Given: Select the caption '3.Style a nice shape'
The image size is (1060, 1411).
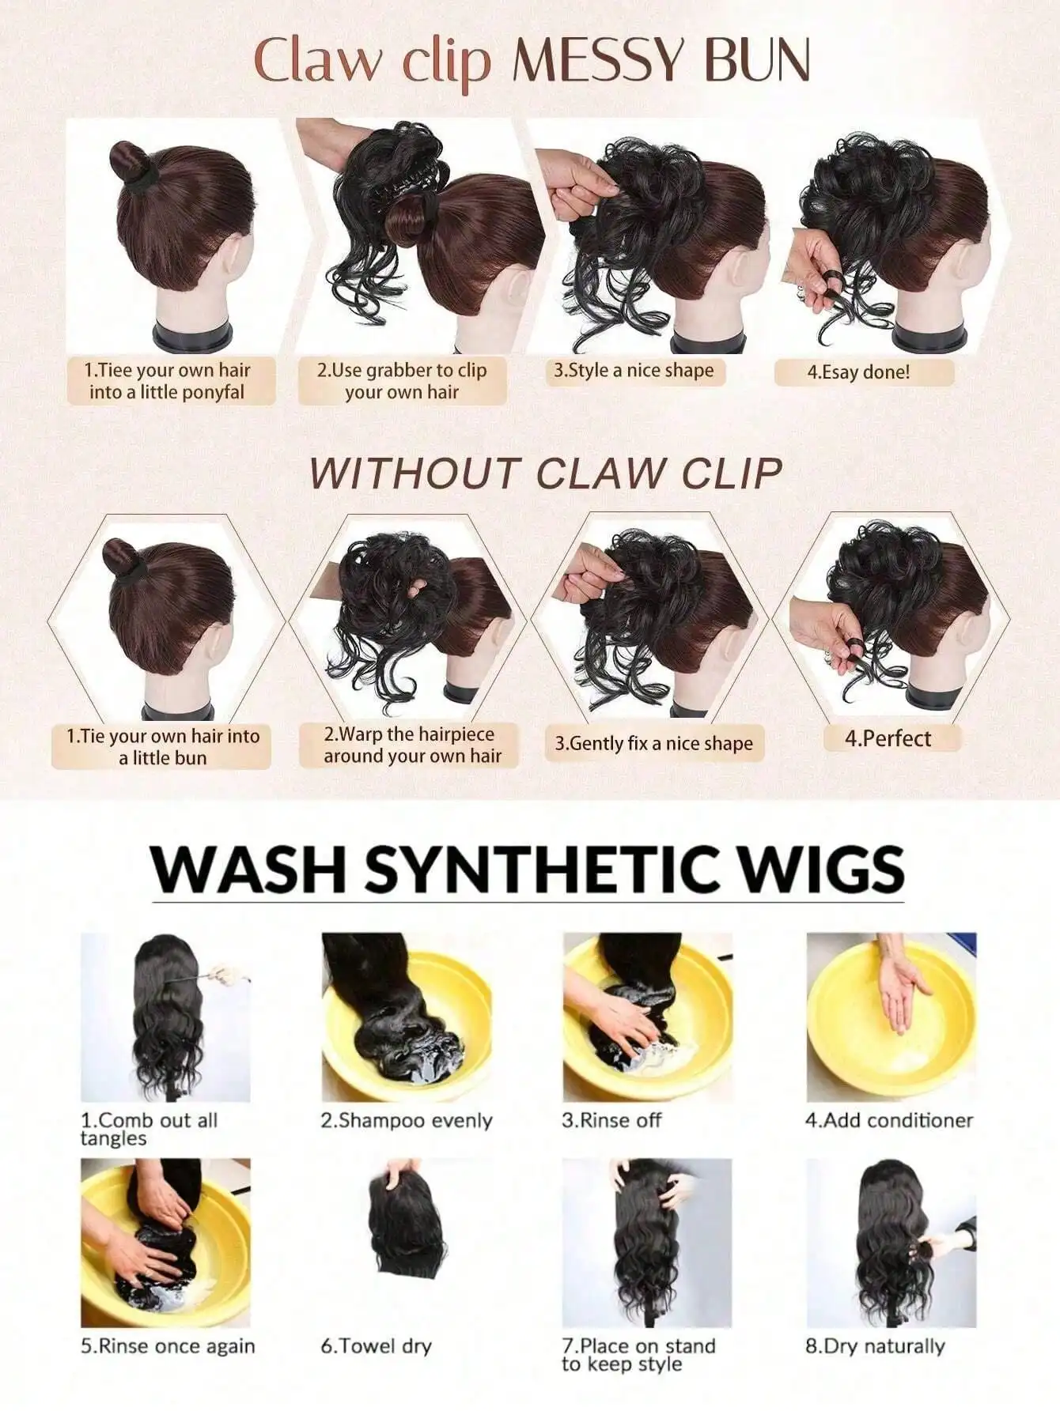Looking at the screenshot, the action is coord(633,370).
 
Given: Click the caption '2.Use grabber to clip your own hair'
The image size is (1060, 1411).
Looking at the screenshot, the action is coord(402,381).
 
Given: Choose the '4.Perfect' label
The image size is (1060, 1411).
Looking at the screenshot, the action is coord(888,738).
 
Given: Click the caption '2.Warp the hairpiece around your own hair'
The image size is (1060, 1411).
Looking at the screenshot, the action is coord(412,745).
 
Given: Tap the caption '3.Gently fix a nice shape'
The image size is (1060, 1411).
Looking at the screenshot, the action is coord(653,743).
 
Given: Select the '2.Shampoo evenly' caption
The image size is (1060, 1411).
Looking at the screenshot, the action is coord(406,1120).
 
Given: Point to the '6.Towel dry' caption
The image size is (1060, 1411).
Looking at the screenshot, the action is coord(376,1346).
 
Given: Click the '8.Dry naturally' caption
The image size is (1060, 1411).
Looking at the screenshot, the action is coord(875,1346).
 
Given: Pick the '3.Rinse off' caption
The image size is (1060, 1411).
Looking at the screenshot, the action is coord(611,1120).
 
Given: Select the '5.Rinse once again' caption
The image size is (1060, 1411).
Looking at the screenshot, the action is coord(168,1346).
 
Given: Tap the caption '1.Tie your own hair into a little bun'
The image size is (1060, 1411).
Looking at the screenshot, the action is coord(162,747).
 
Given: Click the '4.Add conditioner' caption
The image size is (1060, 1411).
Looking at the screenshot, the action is coord(889,1120).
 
